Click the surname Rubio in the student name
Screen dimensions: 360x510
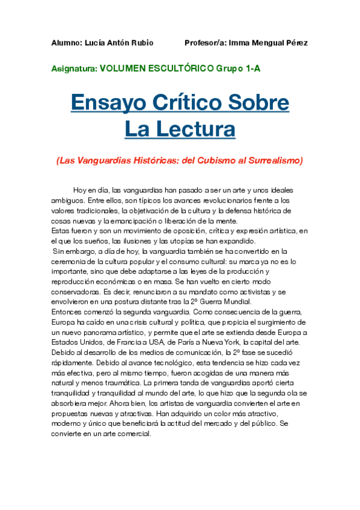[141, 43]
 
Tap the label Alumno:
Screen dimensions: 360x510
[66, 43]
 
